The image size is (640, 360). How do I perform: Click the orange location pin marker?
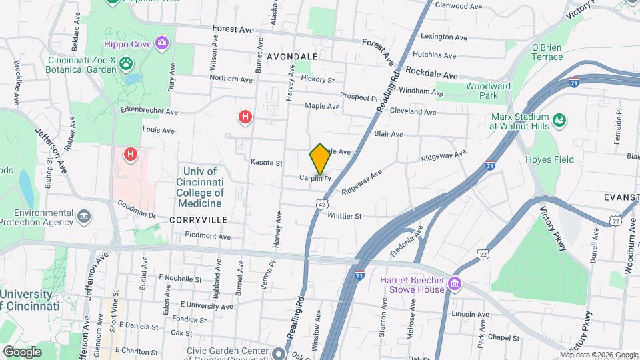[321, 159]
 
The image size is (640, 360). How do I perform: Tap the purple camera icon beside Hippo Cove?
[161, 44]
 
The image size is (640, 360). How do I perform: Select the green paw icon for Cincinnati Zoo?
[126, 64]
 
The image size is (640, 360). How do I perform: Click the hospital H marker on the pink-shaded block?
[130, 155]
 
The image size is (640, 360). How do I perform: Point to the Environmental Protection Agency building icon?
[84, 216]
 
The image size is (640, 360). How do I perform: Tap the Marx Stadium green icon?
[559, 119]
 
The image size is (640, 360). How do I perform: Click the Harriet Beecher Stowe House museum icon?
[455, 284]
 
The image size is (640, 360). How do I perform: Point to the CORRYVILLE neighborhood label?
[199, 219]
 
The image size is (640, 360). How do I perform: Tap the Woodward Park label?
[488, 91]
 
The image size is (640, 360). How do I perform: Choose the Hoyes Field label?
[549, 159]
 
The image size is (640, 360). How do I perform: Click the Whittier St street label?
[345, 216]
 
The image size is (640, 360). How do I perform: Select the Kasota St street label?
[267, 163]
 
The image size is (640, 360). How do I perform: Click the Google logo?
[23, 351]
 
